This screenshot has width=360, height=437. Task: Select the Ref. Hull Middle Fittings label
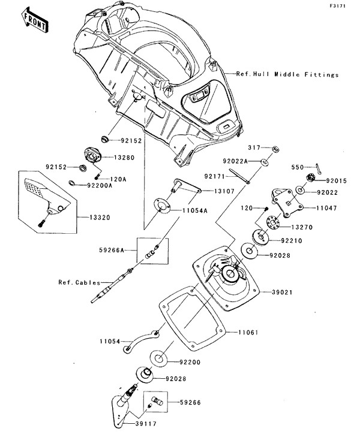[x=287, y=75]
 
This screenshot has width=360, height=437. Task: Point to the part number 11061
[x=248, y=331]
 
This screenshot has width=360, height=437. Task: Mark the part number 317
[x=254, y=147]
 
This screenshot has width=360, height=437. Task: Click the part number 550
[x=298, y=167]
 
